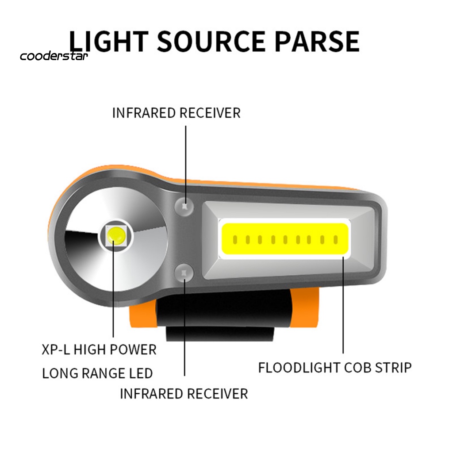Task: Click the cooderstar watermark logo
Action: [54, 56]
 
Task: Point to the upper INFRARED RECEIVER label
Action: [176, 113]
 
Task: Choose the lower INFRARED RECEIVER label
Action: [184, 393]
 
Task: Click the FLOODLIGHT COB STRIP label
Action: [335, 368]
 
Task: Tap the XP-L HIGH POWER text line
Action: [99, 350]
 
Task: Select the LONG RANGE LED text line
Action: [97, 373]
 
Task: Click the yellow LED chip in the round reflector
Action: [115, 234]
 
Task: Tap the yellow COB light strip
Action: [285, 239]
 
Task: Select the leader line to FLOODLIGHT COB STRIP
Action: [343, 305]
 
